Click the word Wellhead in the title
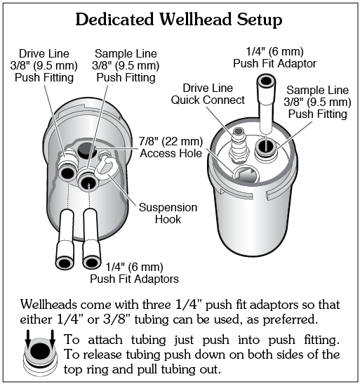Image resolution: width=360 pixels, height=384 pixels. [196, 19]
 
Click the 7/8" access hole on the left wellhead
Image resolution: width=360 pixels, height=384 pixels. [87, 150]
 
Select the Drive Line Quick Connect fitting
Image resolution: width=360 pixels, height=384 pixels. [239, 146]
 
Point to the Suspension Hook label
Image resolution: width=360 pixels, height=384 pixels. [168, 213]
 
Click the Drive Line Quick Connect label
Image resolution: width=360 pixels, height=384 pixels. [208, 94]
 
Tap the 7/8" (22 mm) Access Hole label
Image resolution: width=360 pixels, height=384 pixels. [171, 147]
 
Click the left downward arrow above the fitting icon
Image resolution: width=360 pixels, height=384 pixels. [28, 338]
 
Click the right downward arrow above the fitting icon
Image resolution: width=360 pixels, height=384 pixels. [53, 338]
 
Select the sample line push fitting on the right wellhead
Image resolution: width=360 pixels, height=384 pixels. [266, 147]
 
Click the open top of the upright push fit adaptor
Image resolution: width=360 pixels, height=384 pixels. [266, 81]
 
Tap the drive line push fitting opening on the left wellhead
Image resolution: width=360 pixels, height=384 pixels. [67, 173]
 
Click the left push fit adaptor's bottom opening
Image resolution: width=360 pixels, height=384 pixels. [65, 263]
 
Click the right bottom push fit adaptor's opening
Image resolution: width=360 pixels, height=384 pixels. [91, 262]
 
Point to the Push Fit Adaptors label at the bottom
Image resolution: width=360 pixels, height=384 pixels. [134, 279]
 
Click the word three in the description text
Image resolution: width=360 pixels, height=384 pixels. [156, 305]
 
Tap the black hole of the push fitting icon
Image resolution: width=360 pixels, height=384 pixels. [40, 350]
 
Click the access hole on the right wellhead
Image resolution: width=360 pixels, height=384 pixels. [246, 173]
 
